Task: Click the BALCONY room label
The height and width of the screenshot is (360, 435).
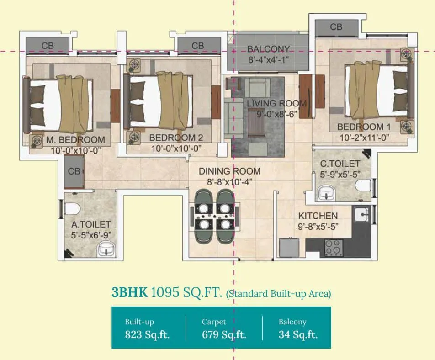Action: pyautogui.click(x=268, y=49)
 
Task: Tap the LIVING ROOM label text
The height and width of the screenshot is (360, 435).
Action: pyautogui.click(x=276, y=104)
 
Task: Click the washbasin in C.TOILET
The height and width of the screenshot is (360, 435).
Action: pyautogui.click(x=326, y=193)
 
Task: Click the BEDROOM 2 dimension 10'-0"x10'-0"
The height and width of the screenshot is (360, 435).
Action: pyautogui.click(x=176, y=148)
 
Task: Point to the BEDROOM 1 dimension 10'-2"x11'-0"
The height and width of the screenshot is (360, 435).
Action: pyautogui.click(x=364, y=137)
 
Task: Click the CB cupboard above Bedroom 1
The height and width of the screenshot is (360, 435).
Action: pyautogui.click(x=336, y=27)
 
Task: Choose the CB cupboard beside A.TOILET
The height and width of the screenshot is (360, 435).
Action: pyautogui.click(x=74, y=171)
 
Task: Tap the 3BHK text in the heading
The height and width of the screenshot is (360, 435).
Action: pyautogui.click(x=129, y=292)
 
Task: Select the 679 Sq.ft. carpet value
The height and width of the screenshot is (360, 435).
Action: pyautogui.click(x=224, y=334)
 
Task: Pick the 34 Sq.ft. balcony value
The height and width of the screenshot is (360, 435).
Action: pyautogui.click(x=298, y=334)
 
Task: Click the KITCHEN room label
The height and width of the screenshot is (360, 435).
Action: pyautogui.click(x=318, y=216)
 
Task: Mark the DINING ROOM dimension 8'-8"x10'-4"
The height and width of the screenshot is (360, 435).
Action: pyautogui.click(x=229, y=181)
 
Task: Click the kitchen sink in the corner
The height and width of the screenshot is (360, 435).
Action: pyautogui.click(x=362, y=213)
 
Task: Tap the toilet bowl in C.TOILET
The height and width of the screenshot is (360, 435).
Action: pyautogui.click(x=364, y=185)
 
